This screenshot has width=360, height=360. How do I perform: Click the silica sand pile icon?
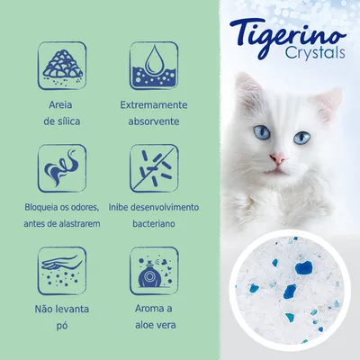pyautogui.click(x=62, y=63)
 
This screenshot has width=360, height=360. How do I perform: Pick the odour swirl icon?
pyautogui.click(x=62, y=167)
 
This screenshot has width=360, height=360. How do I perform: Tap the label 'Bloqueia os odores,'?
pyautogui.click(x=62, y=207)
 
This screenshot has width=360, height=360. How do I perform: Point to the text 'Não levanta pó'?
pyautogui.click(x=62, y=317)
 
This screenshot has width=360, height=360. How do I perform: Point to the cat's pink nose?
pyautogui.click(x=278, y=160)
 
